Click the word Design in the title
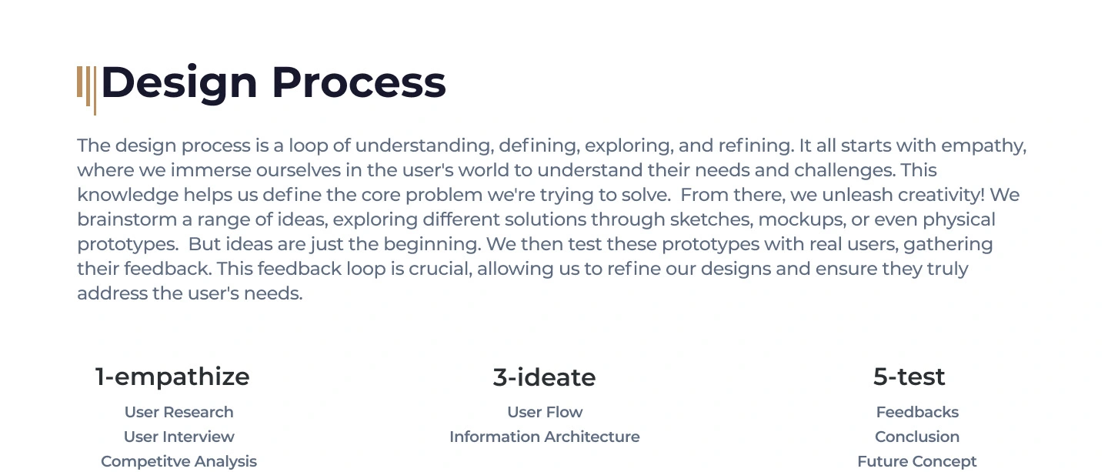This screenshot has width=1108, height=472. [179, 84]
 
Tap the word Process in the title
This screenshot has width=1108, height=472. [359, 82]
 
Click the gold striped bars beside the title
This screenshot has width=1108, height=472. [86, 91]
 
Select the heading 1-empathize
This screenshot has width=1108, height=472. [172, 377]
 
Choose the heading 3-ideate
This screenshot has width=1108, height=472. [544, 377]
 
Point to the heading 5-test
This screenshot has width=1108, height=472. [909, 377]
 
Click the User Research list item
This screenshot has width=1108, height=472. [179, 412]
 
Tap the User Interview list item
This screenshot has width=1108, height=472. [179, 437]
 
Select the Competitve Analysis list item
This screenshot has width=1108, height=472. [179, 462]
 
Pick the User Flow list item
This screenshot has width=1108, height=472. [545, 412]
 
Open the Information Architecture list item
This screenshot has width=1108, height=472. [545, 437]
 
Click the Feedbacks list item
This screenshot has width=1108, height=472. [917, 412]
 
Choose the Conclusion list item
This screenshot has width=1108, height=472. [917, 437]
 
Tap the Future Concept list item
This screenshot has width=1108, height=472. [917, 462]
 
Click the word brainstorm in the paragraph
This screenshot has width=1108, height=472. [127, 219]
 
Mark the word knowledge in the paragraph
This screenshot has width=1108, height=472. [128, 196]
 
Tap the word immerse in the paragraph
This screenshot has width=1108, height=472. [211, 171]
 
